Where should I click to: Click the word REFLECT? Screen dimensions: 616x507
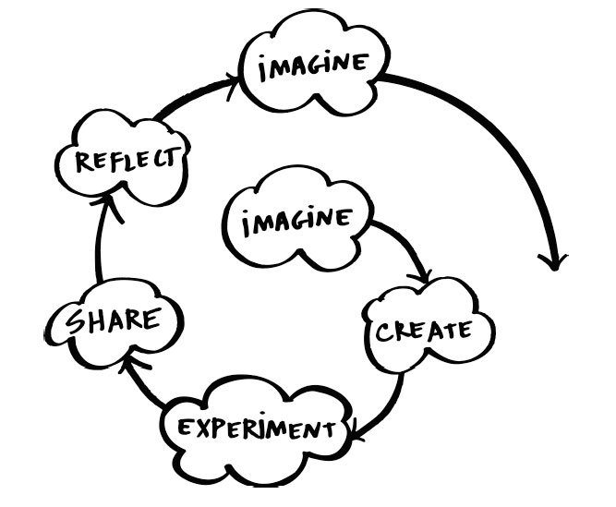[126, 160]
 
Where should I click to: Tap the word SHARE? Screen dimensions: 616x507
[114, 320]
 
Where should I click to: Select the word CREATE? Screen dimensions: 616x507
[424, 331]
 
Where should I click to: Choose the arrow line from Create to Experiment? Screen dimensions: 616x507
[387, 413]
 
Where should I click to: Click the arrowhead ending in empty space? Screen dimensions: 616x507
[553, 262]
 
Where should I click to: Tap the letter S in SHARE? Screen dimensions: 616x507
[75, 322]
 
